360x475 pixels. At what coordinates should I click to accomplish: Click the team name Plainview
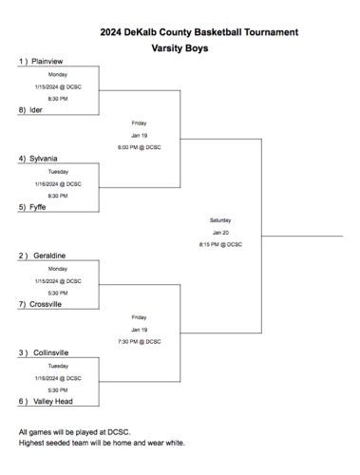tap(48, 61)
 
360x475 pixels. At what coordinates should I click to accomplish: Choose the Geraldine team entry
tap(49, 256)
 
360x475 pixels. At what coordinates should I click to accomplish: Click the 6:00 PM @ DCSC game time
tap(139, 147)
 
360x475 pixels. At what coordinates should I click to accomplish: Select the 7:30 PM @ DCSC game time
tap(139, 341)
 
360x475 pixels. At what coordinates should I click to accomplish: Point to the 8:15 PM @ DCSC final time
tap(220, 244)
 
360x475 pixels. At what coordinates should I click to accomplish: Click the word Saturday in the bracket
tap(220, 219)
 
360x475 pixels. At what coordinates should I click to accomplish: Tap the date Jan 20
tap(220, 232)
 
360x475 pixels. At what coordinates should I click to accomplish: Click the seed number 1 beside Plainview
tap(22, 61)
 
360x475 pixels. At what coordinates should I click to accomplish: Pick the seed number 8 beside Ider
tap(22, 109)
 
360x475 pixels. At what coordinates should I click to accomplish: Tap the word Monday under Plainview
tap(58, 74)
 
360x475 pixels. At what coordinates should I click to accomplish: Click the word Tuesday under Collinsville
tap(58, 365)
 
